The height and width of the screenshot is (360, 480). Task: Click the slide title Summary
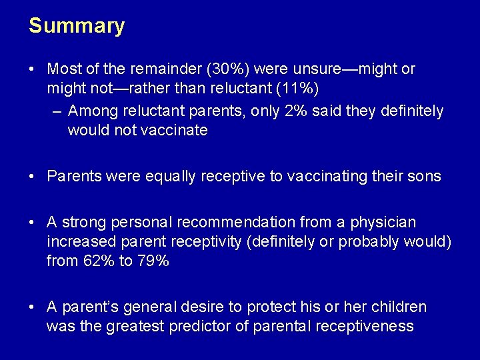coord(76,26)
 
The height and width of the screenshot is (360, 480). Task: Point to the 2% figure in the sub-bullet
coord(296,111)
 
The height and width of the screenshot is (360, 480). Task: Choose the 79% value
coord(153,261)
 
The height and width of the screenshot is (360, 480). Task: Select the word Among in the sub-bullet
coord(91,111)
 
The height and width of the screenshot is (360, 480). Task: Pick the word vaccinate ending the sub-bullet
coord(175,130)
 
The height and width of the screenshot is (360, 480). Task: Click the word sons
coord(425,176)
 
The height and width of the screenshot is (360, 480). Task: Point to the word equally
coord(158,176)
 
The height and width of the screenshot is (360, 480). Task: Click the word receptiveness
coord(365,326)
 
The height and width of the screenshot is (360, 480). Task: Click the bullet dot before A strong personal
coord(32,223)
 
